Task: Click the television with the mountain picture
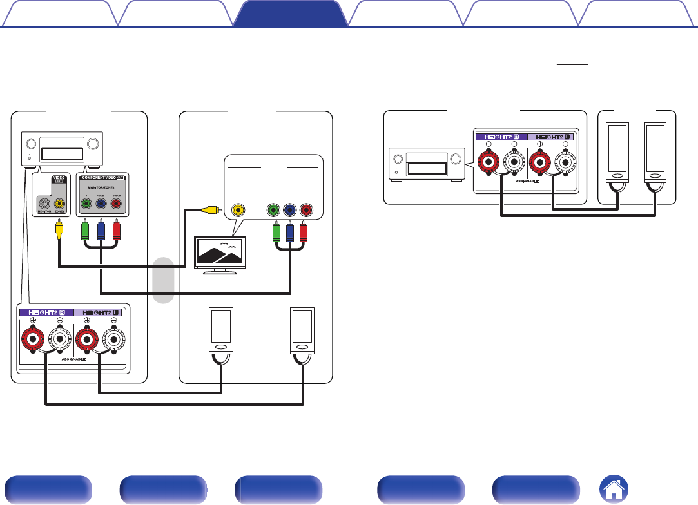(x=220, y=252)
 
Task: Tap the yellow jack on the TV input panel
(x=239, y=209)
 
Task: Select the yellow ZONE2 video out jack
(x=60, y=204)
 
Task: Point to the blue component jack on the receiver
(x=101, y=204)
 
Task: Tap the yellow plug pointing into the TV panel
(x=209, y=209)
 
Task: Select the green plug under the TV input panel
(x=276, y=231)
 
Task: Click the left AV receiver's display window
(x=61, y=153)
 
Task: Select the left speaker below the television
(x=220, y=330)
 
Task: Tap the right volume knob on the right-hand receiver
(x=456, y=159)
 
